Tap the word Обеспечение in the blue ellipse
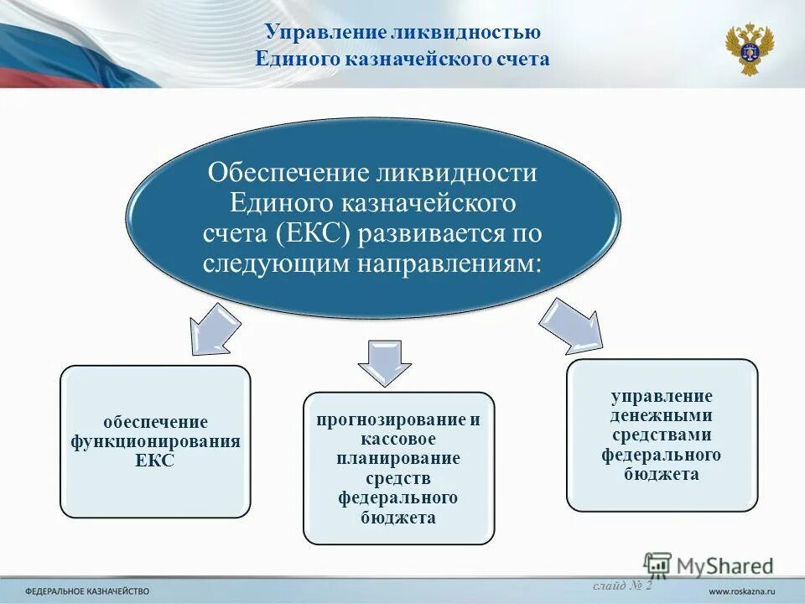289,174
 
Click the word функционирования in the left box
155,441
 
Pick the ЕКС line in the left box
155,461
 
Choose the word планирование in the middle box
398,459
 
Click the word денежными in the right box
662,415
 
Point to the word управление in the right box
662,396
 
